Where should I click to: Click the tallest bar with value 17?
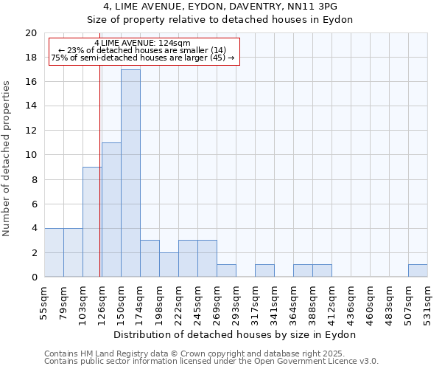click(130, 173)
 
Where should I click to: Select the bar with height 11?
click(111, 210)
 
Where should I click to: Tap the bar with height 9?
click(92, 221)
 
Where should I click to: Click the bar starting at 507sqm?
click(418, 271)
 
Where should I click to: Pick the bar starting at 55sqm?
click(54, 252)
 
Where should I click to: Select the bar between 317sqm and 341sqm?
click(264, 271)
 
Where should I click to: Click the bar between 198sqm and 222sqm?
click(169, 265)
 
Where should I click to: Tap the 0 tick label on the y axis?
click(33, 277)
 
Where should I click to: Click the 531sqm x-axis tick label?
click(428, 303)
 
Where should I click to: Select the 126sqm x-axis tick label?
click(102, 303)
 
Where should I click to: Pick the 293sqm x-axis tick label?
click(236, 303)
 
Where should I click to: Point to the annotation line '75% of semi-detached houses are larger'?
click(143, 58)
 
